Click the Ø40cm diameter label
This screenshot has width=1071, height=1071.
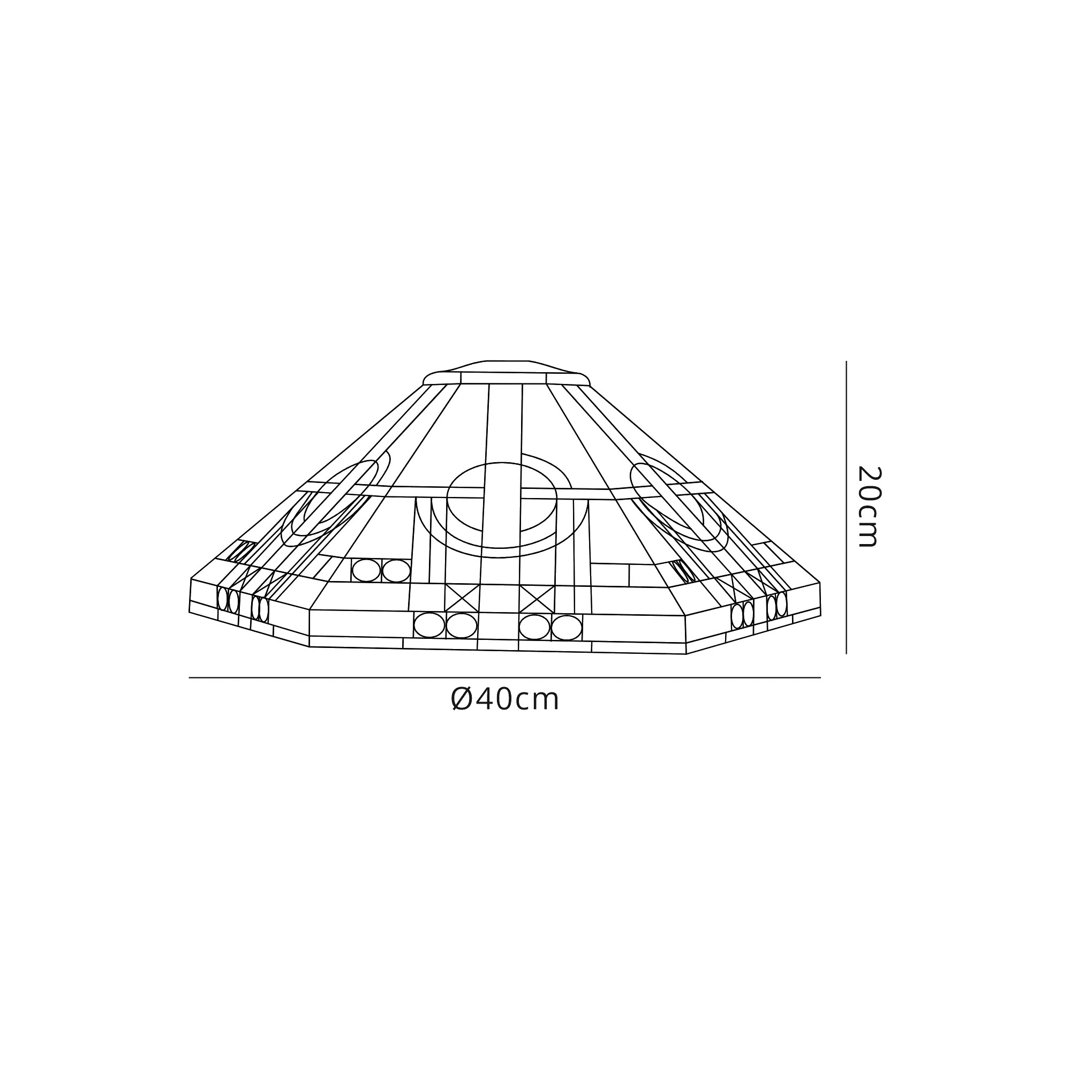pos(505,700)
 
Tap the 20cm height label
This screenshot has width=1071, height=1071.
pos(868,507)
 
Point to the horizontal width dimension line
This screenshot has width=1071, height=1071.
pos(504,677)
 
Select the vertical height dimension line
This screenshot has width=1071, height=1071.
pos(846,507)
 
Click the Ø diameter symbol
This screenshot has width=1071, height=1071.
pos(462,700)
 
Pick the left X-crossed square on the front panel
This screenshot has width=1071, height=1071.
pos(461,598)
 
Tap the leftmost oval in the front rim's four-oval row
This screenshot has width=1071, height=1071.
pos(429,625)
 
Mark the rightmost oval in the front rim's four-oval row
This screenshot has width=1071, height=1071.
pos(567,628)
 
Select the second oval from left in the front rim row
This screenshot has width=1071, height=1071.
pos(461,626)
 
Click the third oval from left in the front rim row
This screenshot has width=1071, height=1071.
pos(534,627)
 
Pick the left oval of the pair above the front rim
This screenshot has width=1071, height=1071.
pos(366,570)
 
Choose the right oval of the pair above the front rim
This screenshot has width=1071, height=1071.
pos(396,571)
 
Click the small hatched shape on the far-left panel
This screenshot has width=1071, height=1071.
pos(239,553)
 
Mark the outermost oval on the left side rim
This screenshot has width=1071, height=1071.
pos(223,599)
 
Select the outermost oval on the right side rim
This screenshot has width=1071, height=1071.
pos(782,604)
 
